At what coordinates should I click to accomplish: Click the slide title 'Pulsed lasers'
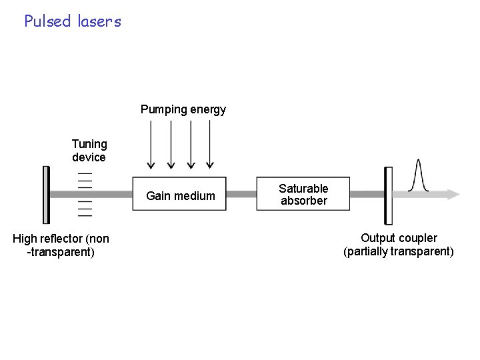coord(73,21)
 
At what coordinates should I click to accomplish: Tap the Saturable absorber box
coord(303,195)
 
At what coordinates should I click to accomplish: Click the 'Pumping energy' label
coord(183,109)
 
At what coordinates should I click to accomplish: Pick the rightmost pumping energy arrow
coord(210,144)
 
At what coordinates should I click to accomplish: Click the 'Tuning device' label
coord(89,151)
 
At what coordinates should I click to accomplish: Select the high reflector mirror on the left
coord(46,195)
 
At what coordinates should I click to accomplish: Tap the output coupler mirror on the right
coord(387,195)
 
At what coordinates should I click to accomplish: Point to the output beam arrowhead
coord(454,195)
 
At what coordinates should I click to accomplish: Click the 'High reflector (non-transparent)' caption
coord(61,245)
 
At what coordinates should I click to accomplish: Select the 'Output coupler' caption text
coord(399,238)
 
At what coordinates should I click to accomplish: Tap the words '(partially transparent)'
coord(399,251)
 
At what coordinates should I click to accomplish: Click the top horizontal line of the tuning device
coord(85,173)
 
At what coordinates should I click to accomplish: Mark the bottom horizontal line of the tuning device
coord(85,216)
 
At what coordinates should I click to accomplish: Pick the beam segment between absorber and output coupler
coord(367,195)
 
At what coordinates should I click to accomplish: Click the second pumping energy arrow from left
coord(171,144)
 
